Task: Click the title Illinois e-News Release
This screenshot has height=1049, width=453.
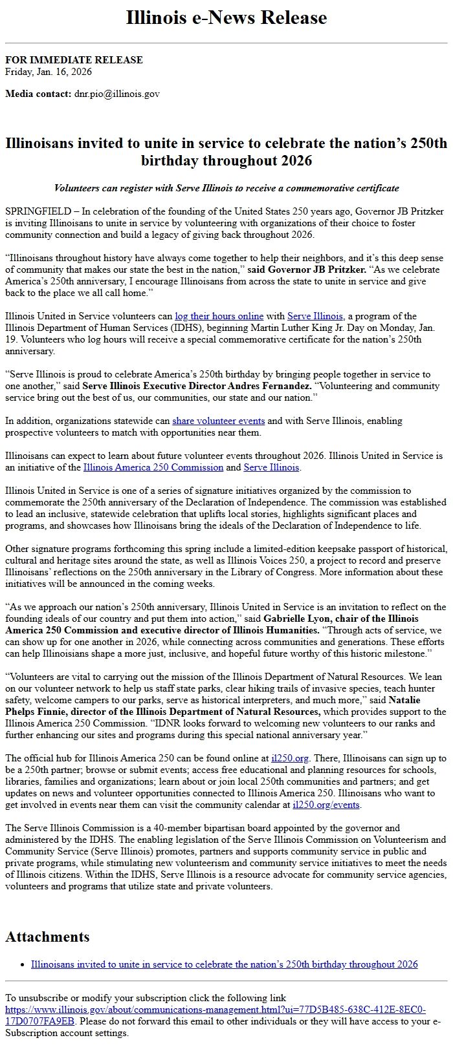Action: coord(226,18)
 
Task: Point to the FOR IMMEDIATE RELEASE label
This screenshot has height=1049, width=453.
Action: coord(74,60)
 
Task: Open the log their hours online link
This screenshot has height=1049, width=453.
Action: coord(219,316)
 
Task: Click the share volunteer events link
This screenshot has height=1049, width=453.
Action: coord(209,421)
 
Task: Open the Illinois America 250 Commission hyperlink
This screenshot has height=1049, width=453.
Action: coord(153,467)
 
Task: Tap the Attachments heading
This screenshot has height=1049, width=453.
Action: coord(47,937)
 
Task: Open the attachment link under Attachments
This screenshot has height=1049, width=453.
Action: coord(224,964)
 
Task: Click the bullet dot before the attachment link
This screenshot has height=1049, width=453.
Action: coord(23,964)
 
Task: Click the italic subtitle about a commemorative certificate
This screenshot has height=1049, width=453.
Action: coord(226,188)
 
